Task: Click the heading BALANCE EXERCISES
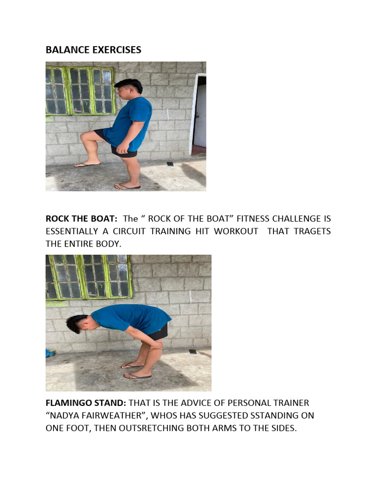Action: (93, 50)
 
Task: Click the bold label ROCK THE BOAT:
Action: (81, 219)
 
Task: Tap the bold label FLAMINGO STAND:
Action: (86, 403)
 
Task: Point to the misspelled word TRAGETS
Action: (312, 231)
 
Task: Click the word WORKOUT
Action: (236, 231)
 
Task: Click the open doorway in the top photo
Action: (199, 111)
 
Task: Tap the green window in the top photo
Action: (80, 91)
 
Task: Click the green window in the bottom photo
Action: (88, 277)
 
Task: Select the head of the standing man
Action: (128, 89)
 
